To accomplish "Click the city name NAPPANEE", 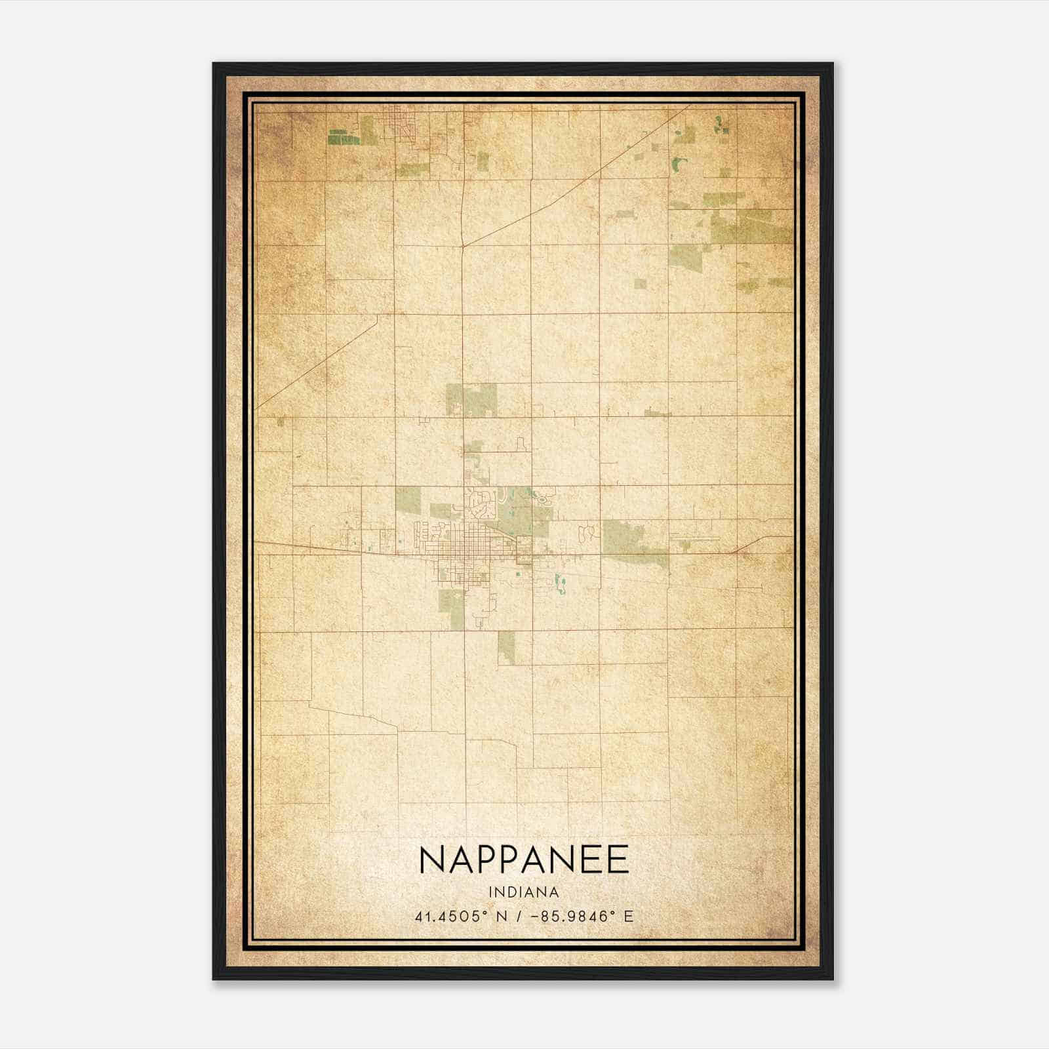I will pyautogui.click(x=524, y=860).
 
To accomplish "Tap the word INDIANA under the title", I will pyautogui.click(x=524, y=892).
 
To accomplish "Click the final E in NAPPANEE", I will pyautogui.click(x=618, y=860).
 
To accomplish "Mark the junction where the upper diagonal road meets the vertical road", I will pyautogui.click(x=463, y=246).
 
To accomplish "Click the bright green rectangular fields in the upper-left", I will pyautogui.click(x=344, y=137).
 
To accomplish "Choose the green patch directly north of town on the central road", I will pyautogui.click(x=472, y=399).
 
